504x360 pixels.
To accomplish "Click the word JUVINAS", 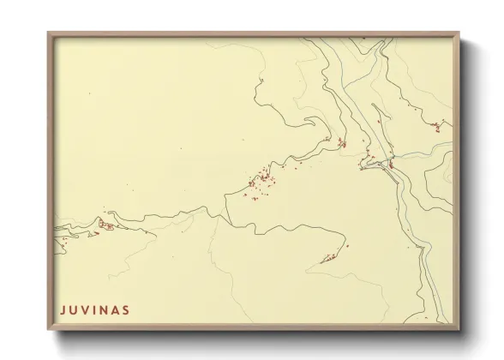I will tap(94, 309).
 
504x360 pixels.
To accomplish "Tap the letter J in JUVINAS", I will tap(63, 309).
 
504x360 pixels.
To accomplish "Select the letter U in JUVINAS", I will tap(73, 309).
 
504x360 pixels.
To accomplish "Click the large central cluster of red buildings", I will tap(261, 181).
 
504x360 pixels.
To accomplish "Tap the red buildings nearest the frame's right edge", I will tap(437, 127).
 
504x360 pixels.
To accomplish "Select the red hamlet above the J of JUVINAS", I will tap(106, 225).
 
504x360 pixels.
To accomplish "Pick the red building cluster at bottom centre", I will tap(328, 257).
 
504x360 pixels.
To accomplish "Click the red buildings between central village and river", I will tap(341, 142).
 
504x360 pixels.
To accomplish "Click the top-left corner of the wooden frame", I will tap(49, 33).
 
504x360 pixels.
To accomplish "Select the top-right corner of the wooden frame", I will tap(459, 33).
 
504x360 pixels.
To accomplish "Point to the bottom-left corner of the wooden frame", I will tap(49, 330).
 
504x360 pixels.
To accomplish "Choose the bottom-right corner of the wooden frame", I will tap(459, 330).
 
